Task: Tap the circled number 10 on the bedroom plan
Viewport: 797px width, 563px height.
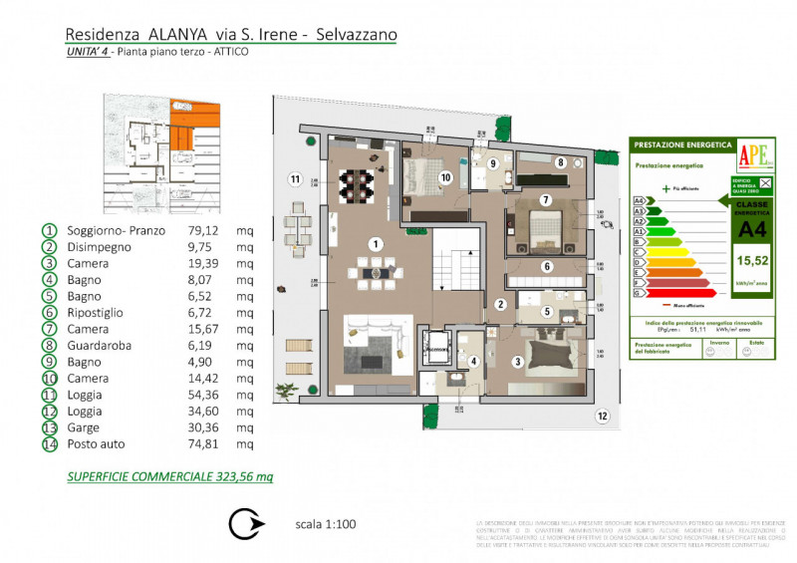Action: point(445,176)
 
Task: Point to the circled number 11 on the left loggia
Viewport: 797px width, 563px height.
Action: point(295,179)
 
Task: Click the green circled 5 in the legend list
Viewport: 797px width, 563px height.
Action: point(48,297)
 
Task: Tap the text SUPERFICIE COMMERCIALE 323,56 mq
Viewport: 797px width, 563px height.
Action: point(169,476)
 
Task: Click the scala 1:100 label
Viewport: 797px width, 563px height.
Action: point(326,524)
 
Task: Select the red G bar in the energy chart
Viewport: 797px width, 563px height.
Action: point(677,293)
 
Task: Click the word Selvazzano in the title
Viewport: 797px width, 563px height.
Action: point(356,34)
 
